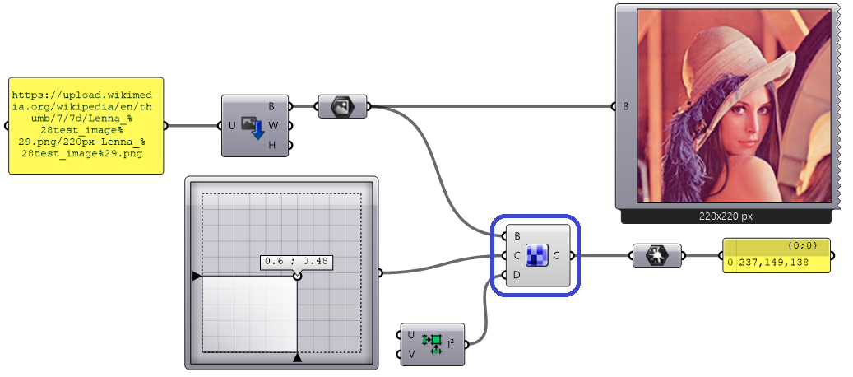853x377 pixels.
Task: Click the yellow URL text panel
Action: click(86, 125)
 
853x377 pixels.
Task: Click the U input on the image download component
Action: click(231, 126)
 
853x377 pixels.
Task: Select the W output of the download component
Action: click(272, 126)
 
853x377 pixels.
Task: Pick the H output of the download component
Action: click(272, 146)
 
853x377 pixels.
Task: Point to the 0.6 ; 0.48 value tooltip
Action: click(297, 262)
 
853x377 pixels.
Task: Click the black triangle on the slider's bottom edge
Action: click(297, 357)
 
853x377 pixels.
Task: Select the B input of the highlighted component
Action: click(517, 236)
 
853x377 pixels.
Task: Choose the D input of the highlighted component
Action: click(517, 275)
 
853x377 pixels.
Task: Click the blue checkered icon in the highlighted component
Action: click(537, 256)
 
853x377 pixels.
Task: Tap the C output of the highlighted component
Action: click(557, 255)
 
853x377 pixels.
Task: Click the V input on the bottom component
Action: click(410, 354)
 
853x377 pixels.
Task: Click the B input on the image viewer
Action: click(626, 106)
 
